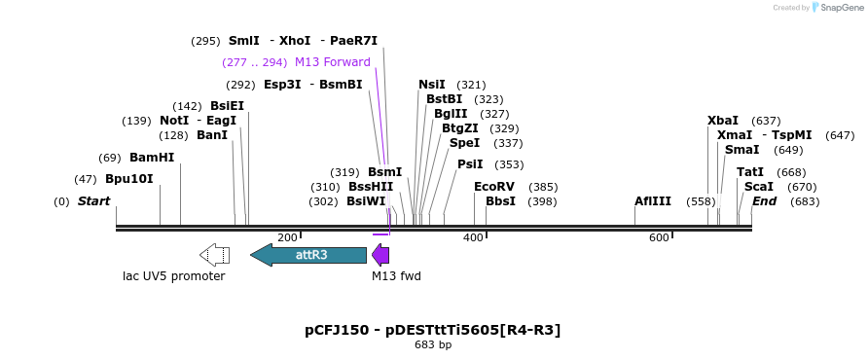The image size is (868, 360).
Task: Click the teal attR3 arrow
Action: point(308,255)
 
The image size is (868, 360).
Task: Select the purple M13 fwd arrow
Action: point(380,256)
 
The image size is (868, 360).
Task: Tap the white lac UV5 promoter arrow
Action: point(214,255)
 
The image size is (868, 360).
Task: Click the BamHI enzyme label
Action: point(152,158)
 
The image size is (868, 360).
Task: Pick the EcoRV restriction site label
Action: point(493,187)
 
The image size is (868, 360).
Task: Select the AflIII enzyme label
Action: point(653,201)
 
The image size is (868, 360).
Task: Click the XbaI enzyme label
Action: point(723,121)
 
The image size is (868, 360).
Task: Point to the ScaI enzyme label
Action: point(759,187)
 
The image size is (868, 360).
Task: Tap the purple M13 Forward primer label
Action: point(332,62)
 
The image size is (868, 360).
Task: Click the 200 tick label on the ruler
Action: point(287,238)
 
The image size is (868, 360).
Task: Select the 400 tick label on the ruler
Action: point(473,238)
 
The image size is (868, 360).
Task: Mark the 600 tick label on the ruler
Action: point(659,238)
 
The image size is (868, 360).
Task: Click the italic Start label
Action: point(93,201)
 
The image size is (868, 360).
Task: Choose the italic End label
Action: point(764,201)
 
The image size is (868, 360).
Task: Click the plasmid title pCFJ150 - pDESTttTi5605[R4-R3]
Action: point(433,330)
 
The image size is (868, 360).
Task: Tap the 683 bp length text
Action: point(433,345)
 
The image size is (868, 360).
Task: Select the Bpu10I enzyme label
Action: point(129,179)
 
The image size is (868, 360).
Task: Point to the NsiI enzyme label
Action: point(432,85)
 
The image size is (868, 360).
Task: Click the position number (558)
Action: point(701,201)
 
